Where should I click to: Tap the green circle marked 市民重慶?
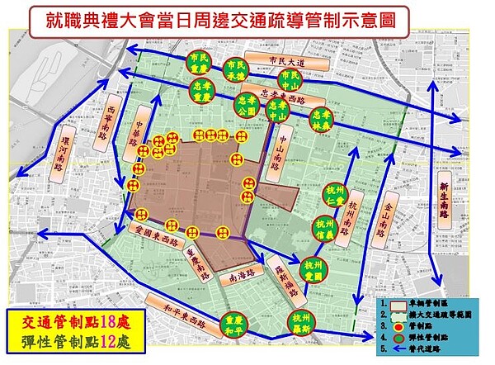[199, 64]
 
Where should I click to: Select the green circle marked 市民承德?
[238, 69]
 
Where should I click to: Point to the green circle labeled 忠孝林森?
[320, 118]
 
